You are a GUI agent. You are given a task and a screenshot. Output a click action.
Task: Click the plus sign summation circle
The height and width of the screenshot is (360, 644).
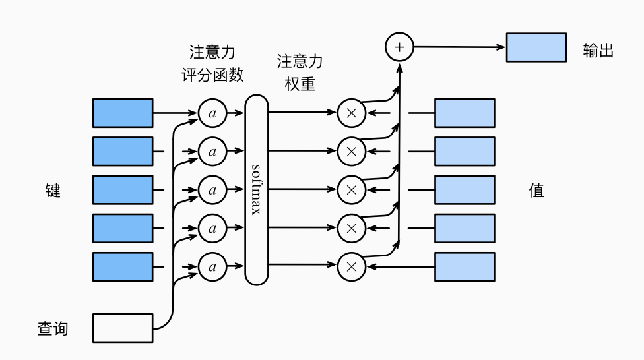pyautogui.click(x=399, y=47)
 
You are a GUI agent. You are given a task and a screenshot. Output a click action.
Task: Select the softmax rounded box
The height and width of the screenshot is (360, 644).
pyautogui.click(x=257, y=190)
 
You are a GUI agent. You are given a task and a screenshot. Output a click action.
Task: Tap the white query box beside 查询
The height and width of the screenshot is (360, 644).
pyautogui.click(x=123, y=328)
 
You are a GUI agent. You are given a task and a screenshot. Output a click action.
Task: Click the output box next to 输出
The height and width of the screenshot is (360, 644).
pyautogui.click(x=536, y=47)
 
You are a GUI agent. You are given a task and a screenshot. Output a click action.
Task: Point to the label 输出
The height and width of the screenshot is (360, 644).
pyautogui.click(x=598, y=51)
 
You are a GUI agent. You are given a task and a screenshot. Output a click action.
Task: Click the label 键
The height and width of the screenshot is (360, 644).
pyautogui.click(x=53, y=191)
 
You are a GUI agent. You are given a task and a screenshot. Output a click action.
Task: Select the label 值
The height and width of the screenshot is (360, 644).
pyautogui.click(x=536, y=191)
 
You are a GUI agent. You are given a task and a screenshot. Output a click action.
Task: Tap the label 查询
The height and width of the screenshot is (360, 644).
pyautogui.click(x=53, y=328)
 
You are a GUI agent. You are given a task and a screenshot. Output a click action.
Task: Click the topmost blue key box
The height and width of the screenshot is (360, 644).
pyautogui.click(x=123, y=113)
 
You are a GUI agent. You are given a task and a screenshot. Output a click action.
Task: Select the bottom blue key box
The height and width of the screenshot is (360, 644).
pyautogui.click(x=123, y=266)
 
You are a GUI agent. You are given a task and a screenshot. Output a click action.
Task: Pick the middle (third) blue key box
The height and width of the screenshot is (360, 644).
pyautogui.click(x=123, y=190)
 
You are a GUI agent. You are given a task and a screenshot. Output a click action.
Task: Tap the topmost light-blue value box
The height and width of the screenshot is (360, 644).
pyautogui.click(x=465, y=113)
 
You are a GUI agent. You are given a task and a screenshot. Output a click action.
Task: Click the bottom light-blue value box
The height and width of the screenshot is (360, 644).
pyautogui.click(x=465, y=266)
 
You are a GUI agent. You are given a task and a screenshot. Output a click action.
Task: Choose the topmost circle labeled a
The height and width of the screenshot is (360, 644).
pyautogui.click(x=212, y=113)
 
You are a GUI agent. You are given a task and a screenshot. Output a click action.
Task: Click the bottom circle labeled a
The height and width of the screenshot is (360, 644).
pyautogui.click(x=212, y=267)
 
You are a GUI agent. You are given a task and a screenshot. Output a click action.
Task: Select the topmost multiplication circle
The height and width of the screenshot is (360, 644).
pyautogui.click(x=352, y=113)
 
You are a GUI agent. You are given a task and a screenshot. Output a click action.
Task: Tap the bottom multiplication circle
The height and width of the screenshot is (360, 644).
pyautogui.click(x=352, y=267)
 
